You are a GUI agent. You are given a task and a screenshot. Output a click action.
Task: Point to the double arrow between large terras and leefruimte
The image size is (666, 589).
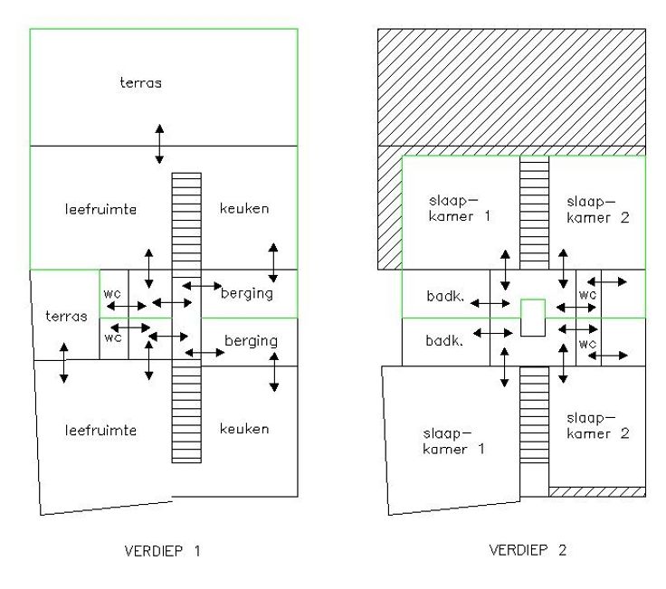pos(159,143)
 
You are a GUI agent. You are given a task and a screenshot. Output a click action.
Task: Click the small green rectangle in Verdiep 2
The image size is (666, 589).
pos(533,318)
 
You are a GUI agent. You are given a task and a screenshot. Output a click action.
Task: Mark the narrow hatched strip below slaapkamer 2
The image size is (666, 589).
pos(596,491)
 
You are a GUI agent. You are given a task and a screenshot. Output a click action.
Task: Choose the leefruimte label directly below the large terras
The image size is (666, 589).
pos(100,209)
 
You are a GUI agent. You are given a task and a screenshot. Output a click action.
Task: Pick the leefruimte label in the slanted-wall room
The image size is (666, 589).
pos(100,430)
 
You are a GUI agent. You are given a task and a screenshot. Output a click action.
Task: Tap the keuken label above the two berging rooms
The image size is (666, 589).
pos(244,209)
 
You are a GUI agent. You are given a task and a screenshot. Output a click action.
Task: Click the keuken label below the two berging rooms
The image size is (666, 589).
pos(244,428)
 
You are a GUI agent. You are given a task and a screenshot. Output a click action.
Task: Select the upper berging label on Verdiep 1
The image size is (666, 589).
pos(247,293)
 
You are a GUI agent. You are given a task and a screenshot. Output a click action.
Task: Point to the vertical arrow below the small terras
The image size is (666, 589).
pos(62,362)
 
